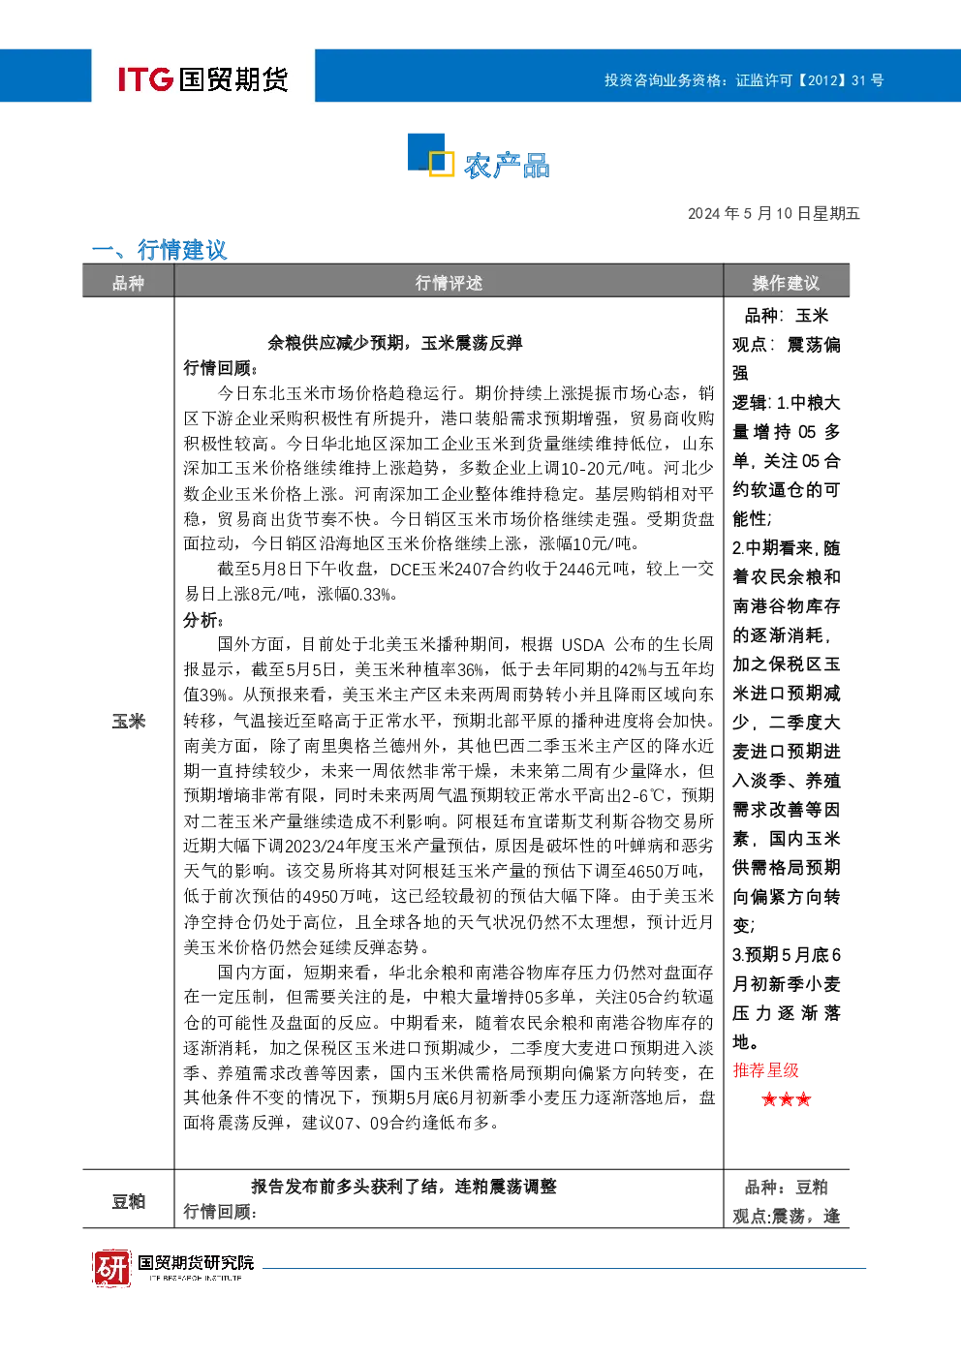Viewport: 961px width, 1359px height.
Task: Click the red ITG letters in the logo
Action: click(145, 78)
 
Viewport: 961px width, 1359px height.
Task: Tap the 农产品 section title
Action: click(507, 166)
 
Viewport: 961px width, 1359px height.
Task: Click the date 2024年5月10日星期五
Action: click(773, 213)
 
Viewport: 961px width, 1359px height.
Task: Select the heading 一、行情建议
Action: click(160, 249)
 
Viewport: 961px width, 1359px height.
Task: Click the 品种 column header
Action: click(128, 283)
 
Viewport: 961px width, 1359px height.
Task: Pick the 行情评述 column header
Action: click(449, 283)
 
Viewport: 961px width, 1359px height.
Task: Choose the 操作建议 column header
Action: click(786, 283)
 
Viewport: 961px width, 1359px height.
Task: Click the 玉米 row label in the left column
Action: click(129, 722)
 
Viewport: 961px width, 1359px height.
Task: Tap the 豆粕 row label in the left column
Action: click(129, 1201)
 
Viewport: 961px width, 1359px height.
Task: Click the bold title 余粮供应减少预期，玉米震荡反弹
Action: click(395, 344)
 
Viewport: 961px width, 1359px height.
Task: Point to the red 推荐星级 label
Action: click(765, 1070)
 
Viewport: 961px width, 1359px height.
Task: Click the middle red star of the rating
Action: click(787, 1098)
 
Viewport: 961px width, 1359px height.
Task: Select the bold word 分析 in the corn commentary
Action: click(201, 620)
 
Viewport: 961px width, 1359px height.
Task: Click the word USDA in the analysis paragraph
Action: click(582, 645)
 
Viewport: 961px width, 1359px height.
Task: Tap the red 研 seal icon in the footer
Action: click(111, 1267)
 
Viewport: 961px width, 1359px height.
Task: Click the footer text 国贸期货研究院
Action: click(196, 1262)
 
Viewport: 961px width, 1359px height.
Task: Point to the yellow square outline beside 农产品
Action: click(442, 164)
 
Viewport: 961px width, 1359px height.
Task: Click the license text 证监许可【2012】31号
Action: click(809, 80)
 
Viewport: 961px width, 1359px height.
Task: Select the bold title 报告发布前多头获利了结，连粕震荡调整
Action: click(403, 1187)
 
